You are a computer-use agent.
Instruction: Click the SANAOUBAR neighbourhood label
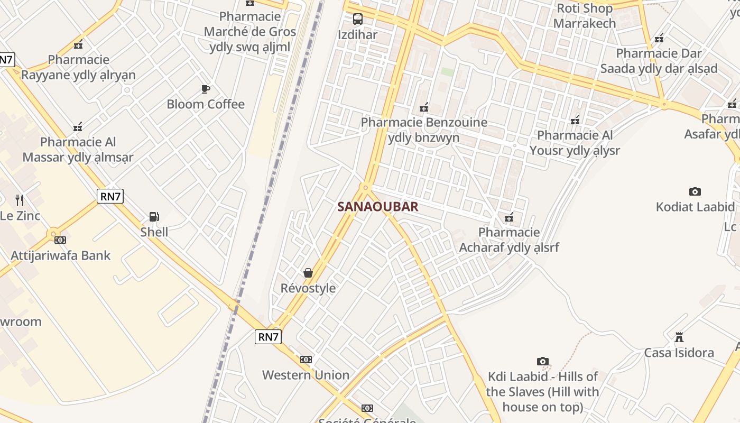[x=377, y=207]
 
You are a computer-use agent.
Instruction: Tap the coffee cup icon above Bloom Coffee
[x=206, y=89]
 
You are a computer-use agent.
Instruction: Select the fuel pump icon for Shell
[x=154, y=216]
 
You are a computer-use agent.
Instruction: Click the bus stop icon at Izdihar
[x=358, y=20]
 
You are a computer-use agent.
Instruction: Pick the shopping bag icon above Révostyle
[x=308, y=273]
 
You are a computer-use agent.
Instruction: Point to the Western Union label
[x=306, y=375]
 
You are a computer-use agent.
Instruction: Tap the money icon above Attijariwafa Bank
[x=60, y=240]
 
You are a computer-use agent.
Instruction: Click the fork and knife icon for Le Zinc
[x=20, y=200]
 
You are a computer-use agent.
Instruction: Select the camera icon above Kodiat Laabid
[x=695, y=191]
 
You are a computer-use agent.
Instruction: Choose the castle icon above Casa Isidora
[x=679, y=337]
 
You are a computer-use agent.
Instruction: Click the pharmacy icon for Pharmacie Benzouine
[x=423, y=108]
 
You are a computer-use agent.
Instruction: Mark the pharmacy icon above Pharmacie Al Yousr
[x=575, y=120]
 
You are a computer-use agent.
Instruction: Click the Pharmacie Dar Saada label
[x=659, y=61]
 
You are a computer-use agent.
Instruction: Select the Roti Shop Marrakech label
[x=585, y=16]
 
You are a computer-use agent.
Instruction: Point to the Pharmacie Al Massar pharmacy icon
[x=78, y=127]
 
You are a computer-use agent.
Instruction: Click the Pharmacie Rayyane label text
[x=78, y=67]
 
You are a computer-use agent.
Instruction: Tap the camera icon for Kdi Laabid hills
[x=542, y=362]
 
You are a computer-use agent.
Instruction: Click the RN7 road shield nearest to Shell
[x=110, y=197]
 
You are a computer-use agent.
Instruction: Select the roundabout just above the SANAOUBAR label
[x=365, y=187]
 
